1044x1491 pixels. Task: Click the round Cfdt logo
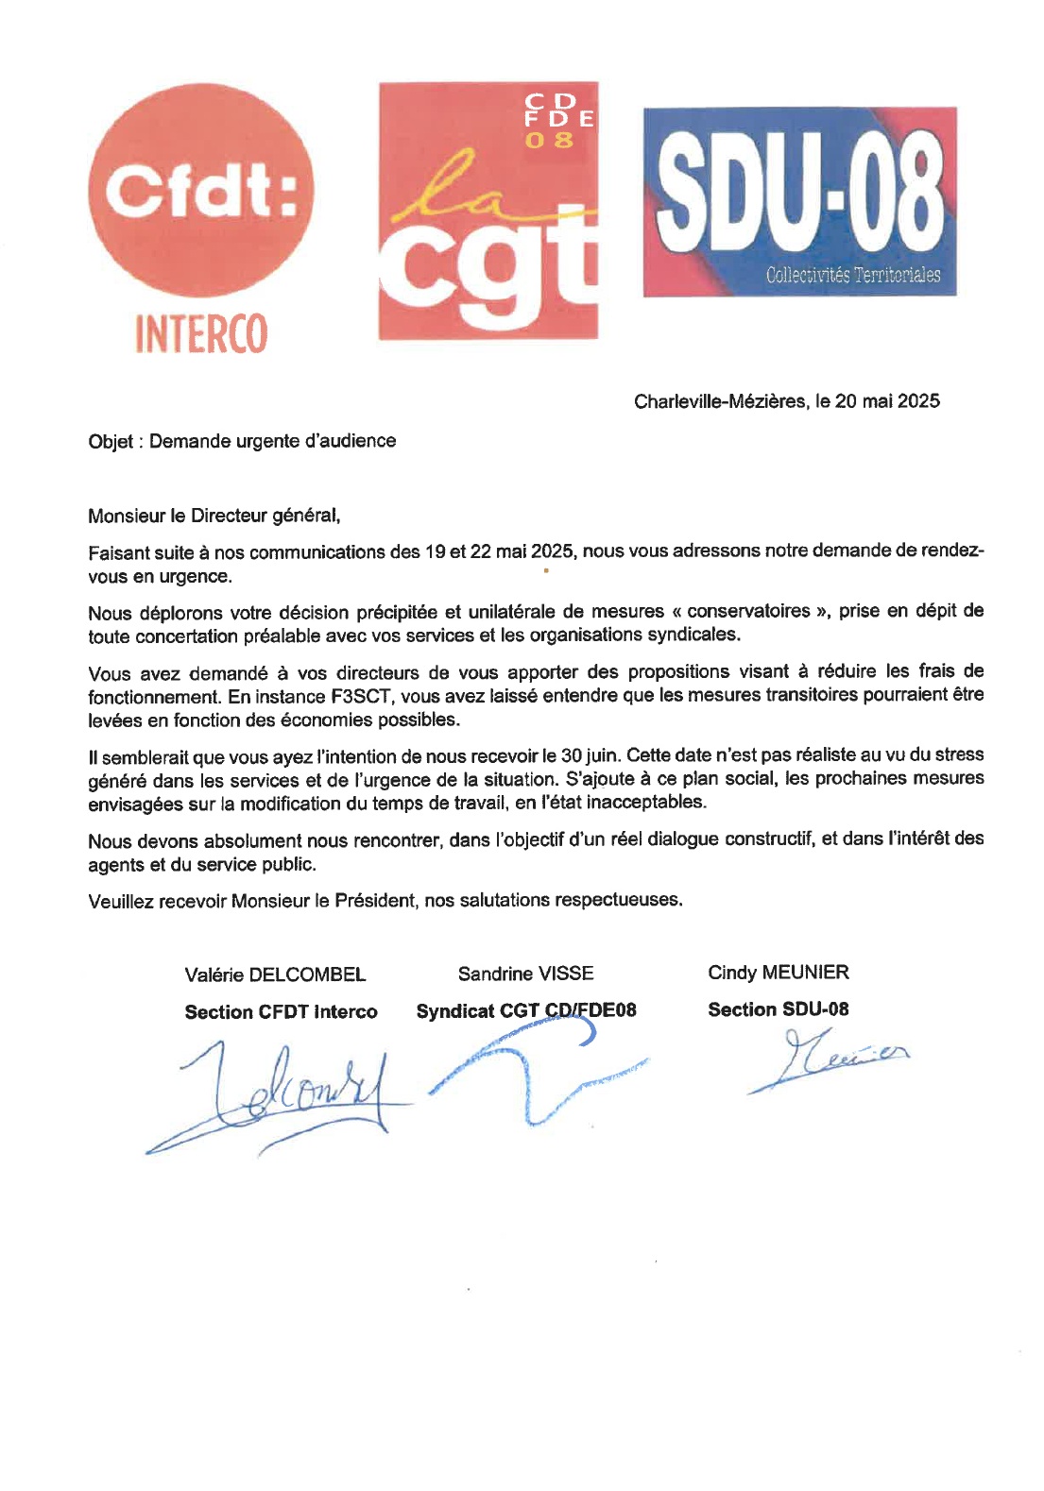[200, 192]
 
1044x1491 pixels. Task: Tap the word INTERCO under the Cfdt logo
[200, 333]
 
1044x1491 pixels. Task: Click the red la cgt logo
[488, 211]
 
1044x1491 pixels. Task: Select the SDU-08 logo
[799, 201]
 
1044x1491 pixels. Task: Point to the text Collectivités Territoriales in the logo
[852, 276]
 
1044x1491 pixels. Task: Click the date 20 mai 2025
[887, 401]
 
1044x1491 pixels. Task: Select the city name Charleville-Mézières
[721, 401]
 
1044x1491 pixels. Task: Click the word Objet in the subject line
[110, 442]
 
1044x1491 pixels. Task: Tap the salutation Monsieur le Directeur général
[214, 516]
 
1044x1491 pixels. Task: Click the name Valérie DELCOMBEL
[275, 974]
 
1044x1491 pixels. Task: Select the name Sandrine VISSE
[525, 974]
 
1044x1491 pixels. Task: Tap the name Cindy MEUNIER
[778, 973]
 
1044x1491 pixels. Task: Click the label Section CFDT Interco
[281, 1012]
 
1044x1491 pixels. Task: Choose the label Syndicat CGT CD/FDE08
[525, 1011]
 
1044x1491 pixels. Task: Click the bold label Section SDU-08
[778, 1009]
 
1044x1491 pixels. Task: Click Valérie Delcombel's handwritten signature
[283, 1095]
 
